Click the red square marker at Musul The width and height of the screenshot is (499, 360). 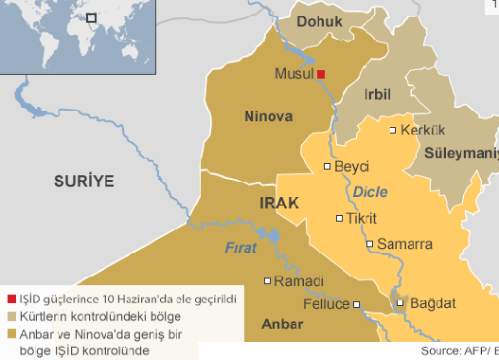point(321,74)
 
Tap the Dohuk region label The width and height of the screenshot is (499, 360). point(317,21)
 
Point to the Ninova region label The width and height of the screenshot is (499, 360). point(269,117)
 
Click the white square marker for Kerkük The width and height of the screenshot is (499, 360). point(393,131)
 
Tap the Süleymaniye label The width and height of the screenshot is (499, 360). point(460,152)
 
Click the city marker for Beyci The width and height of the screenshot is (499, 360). point(328,167)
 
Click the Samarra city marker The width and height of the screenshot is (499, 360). point(370,243)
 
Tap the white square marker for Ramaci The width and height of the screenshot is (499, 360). point(267,280)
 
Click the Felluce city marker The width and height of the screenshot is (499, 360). point(357,304)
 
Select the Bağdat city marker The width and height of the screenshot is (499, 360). point(401,303)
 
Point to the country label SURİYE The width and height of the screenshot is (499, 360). point(83,180)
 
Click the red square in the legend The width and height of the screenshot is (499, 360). point(9,297)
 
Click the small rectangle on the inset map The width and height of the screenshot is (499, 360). point(92,17)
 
